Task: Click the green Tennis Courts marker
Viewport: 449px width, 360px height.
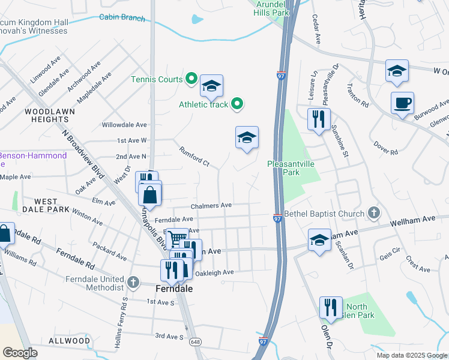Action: [x=191, y=79]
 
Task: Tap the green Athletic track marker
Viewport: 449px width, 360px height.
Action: [x=237, y=104]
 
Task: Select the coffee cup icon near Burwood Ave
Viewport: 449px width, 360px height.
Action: [x=402, y=102]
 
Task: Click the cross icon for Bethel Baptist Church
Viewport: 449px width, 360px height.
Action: [x=373, y=214]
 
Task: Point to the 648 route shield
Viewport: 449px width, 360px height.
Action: [x=195, y=341]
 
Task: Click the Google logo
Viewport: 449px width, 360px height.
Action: [x=20, y=352]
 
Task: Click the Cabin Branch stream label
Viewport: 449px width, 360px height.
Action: [x=122, y=18]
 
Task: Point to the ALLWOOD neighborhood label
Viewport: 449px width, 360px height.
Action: [x=70, y=340]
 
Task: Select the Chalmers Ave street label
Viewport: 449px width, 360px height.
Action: [x=211, y=205]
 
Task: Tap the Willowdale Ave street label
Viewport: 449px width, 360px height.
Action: [x=124, y=125]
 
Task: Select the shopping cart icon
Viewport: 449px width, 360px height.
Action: [x=176, y=239]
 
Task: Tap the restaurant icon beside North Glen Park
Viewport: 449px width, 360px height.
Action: [x=330, y=307]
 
